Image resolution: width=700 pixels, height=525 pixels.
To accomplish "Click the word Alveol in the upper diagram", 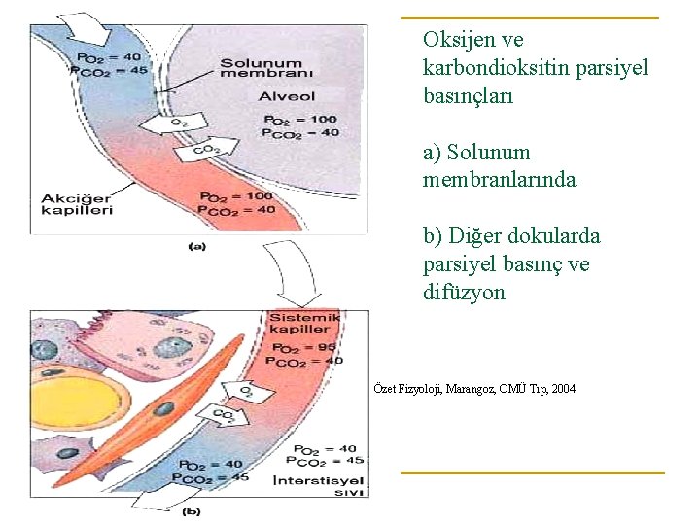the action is tap(287, 96).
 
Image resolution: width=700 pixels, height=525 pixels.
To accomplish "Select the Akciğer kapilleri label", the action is tap(77, 204).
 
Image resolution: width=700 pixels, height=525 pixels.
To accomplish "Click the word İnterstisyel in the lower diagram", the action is tap(320, 479).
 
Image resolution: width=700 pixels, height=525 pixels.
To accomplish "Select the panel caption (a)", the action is tap(196, 247).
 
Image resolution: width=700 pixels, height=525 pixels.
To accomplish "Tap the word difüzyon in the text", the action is tap(465, 292).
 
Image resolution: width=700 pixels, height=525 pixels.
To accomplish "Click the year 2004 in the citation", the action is tap(561, 389).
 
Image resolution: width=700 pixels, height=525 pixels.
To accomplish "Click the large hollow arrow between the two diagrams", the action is tap(296, 276).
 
